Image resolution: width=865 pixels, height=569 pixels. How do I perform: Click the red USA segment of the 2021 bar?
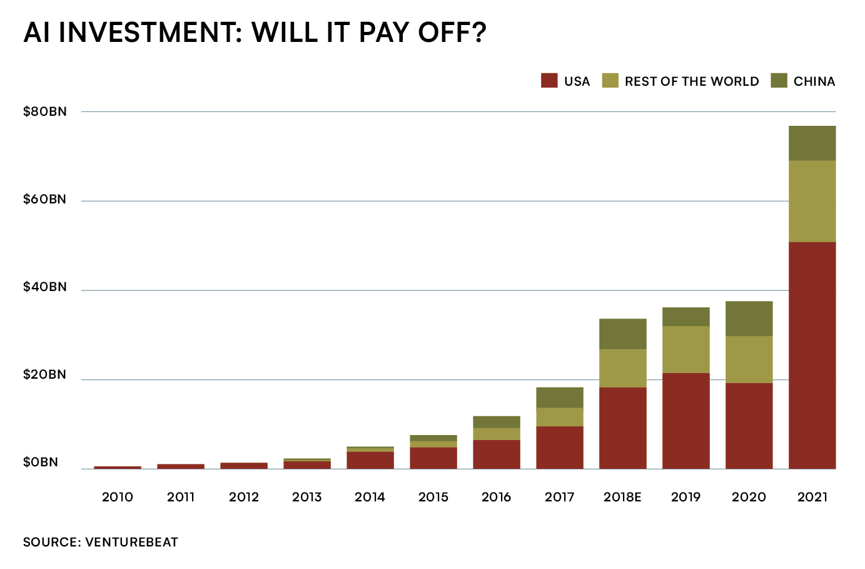(812, 355)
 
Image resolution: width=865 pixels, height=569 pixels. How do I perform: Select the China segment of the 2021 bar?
(812, 143)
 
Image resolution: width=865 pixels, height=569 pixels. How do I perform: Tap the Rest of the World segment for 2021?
(812, 201)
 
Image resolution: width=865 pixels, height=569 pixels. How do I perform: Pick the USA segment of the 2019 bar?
(685, 421)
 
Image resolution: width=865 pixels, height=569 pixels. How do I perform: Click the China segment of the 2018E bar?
(622, 334)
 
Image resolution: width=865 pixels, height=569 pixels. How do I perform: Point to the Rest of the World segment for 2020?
(749, 359)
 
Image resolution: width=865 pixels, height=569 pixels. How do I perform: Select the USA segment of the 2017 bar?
(559, 448)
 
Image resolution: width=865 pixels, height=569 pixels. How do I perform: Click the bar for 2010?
(118, 467)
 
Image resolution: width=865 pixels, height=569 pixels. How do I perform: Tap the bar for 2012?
(244, 465)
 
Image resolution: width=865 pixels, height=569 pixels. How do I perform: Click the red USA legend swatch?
(549, 81)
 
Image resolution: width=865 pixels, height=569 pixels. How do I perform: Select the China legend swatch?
(779, 81)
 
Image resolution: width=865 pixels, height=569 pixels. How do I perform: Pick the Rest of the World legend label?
(691, 81)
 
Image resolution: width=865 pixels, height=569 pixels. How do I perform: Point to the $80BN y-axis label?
(44, 112)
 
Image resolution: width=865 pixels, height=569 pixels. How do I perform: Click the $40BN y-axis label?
(44, 287)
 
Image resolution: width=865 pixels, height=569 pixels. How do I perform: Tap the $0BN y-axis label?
(41, 463)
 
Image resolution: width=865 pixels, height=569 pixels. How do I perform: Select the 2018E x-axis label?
(622, 497)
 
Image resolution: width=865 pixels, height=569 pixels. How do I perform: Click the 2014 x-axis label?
(370, 497)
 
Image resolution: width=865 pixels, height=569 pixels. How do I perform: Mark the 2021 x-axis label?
(812, 497)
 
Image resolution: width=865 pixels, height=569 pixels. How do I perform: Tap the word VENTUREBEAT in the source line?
(131, 542)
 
